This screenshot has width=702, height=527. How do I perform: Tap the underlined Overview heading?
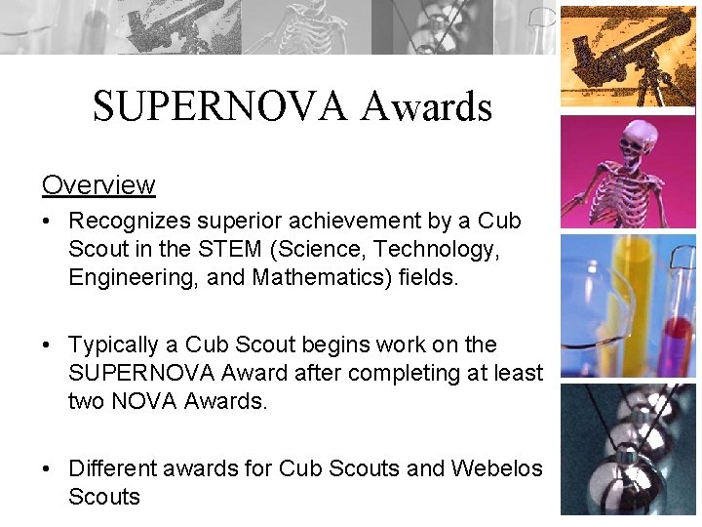tap(97, 184)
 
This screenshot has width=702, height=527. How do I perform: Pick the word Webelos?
tap(496, 468)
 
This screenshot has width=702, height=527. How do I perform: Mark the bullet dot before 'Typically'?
tap(47, 345)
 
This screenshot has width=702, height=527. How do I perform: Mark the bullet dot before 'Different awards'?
tap(47, 469)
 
